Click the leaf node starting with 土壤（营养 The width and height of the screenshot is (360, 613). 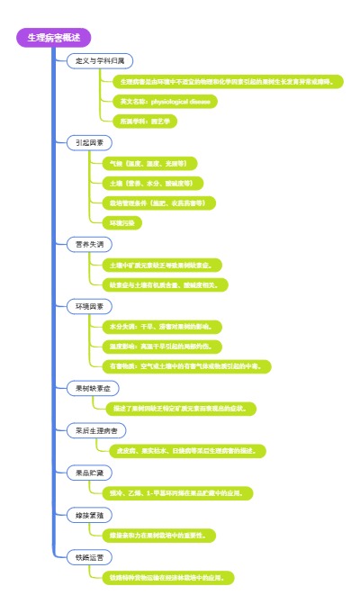point(150,183)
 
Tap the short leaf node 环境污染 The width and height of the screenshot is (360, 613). point(121,222)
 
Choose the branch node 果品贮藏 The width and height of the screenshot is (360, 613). point(89,472)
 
